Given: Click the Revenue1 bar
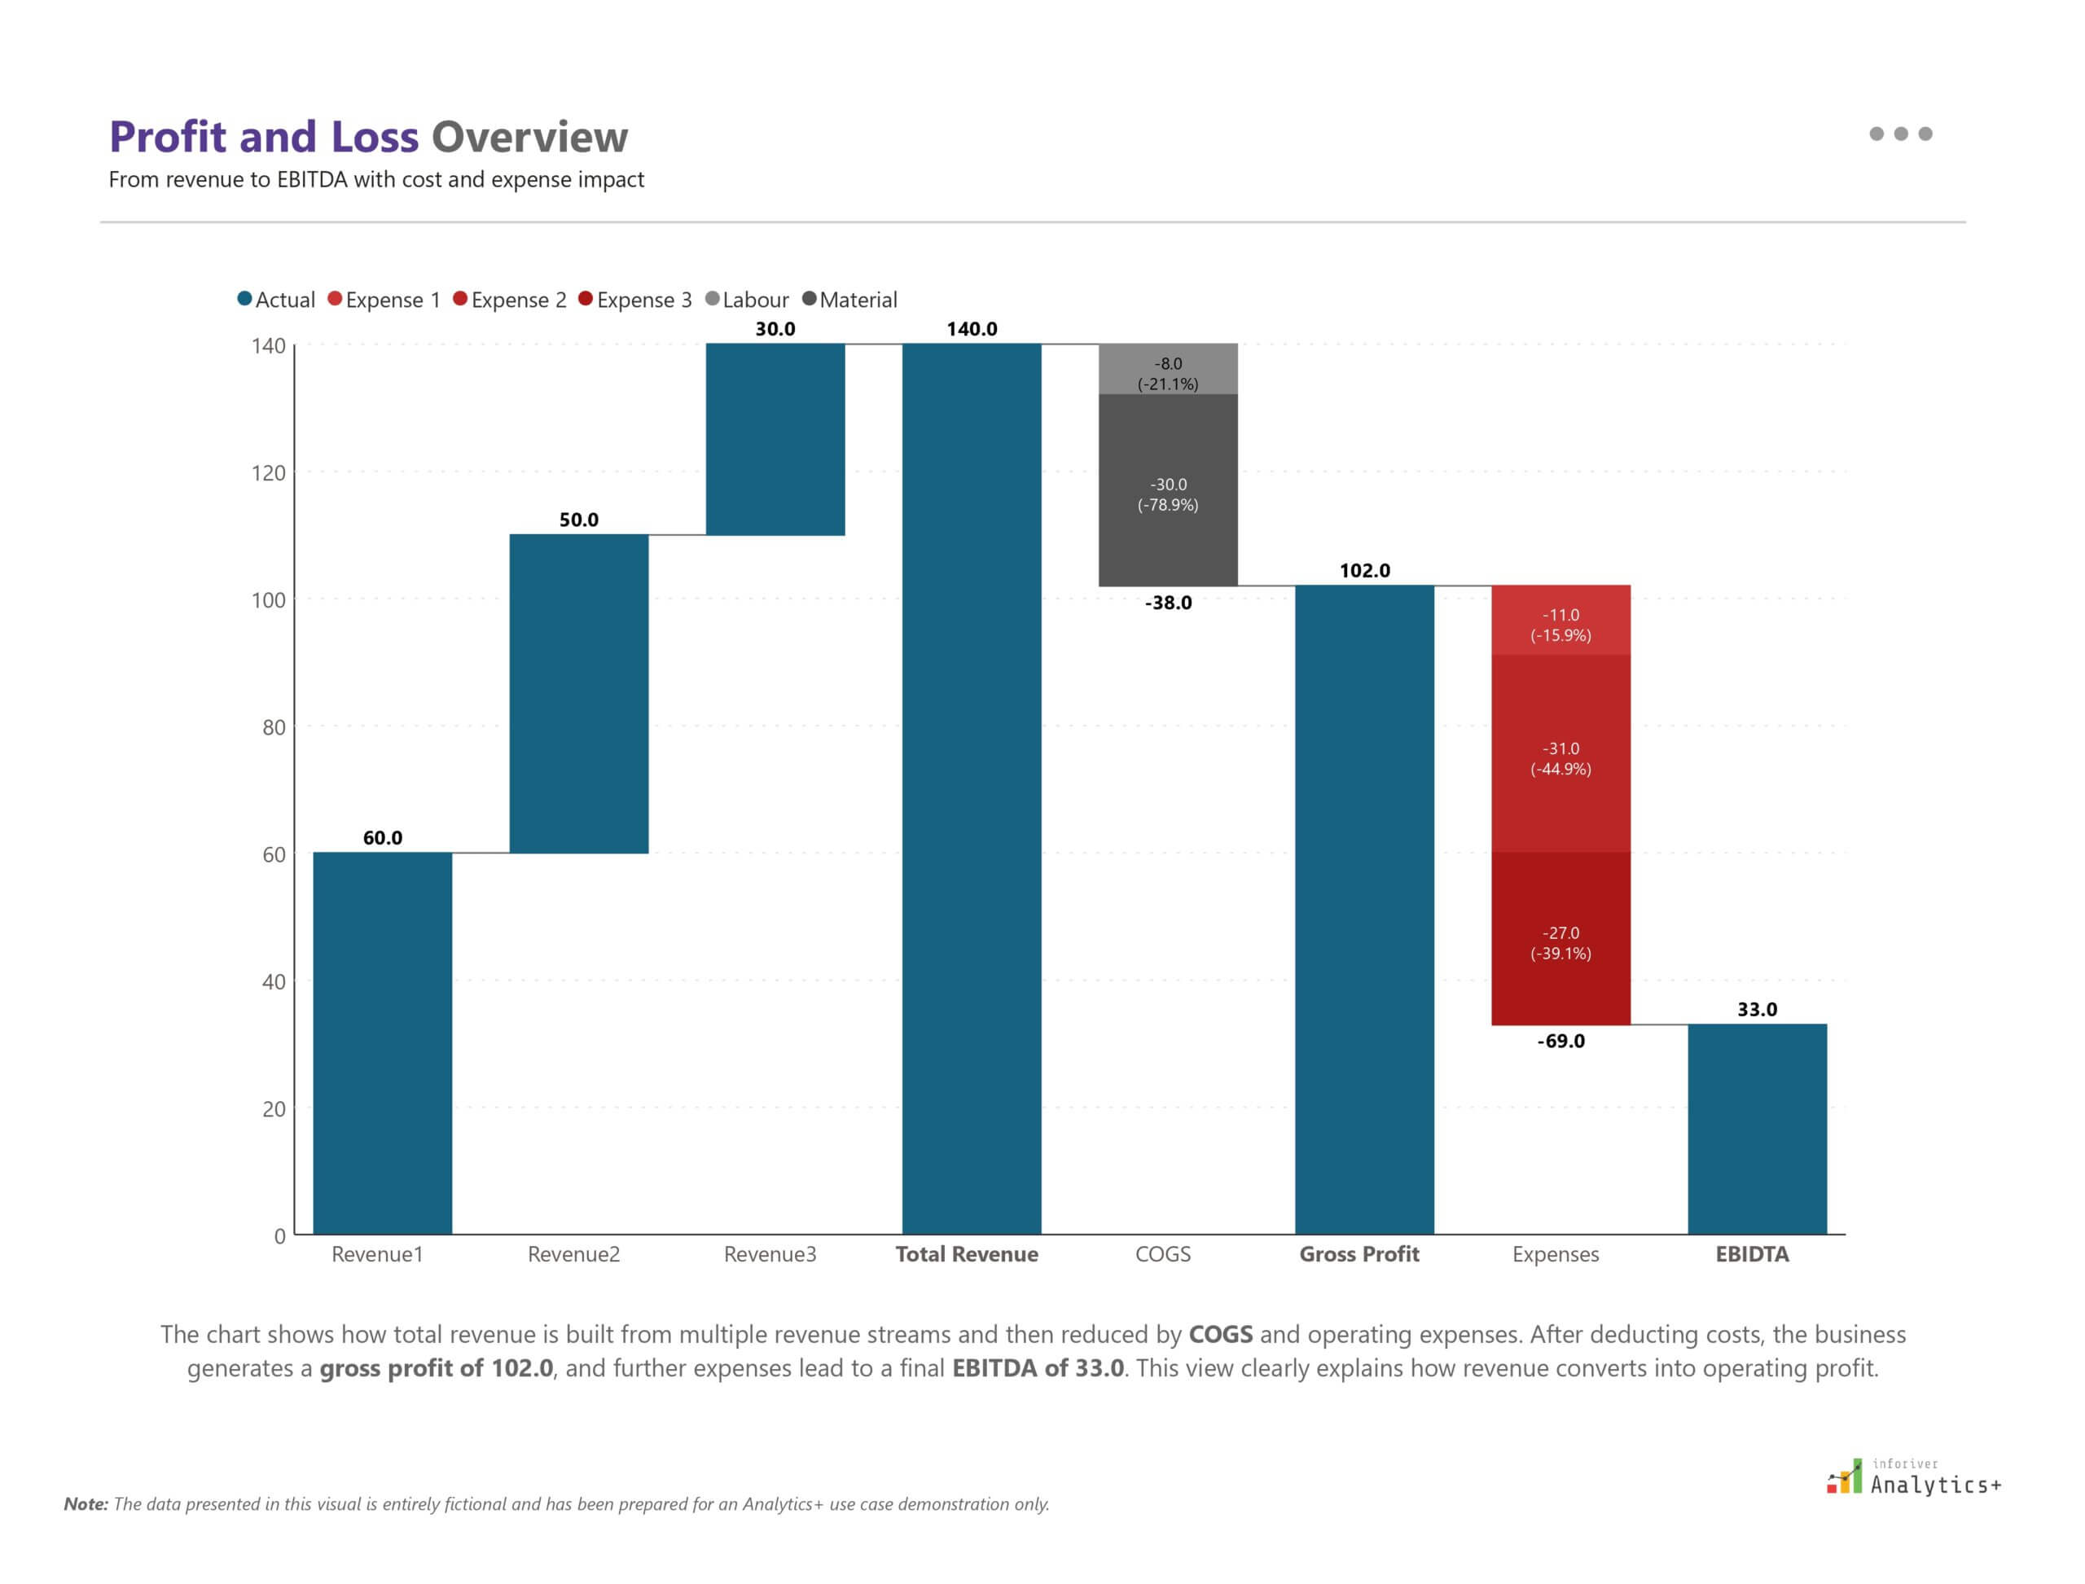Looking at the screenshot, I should click(x=382, y=1042).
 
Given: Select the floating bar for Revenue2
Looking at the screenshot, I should click(x=578, y=693).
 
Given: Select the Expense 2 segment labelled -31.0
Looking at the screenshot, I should click(x=1560, y=754).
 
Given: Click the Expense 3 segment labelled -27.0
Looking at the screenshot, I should click(x=1560, y=939).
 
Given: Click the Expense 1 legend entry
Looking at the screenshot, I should click(x=384, y=300).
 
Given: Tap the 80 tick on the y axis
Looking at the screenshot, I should click(x=274, y=727).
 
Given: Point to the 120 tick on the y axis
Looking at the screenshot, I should click(x=268, y=473).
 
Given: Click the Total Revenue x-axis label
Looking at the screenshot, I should click(x=967, y=1254).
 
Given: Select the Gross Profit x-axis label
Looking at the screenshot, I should click(x=1359, y=1254).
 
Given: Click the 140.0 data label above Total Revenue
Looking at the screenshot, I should click(x=972, y=329).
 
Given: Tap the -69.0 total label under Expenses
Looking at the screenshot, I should click(x=1560, y=1041).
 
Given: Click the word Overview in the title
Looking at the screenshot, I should click(x=529, y=137).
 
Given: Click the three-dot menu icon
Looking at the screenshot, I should click(x=1900, y=134).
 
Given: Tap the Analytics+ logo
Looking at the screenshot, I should click(x=1914, y=1478).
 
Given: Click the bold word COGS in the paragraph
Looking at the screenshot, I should click(x=1220, y=1334).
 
